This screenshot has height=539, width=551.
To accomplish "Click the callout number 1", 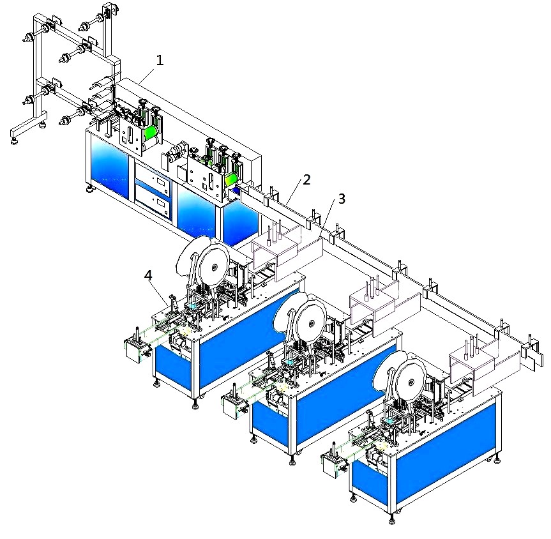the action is [x=160, y=61].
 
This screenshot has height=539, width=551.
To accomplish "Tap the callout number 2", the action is [x=306, y=179].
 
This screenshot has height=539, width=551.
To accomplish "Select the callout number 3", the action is [x=342, y=199].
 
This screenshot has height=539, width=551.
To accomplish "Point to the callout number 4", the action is [x=148, y=275].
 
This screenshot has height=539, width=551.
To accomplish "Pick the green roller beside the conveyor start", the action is [x=232, y=179].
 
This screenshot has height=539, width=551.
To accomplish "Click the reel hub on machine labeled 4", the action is [x=213, y=268].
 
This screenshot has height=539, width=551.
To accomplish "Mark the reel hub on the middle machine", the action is [x=311, y=323].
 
